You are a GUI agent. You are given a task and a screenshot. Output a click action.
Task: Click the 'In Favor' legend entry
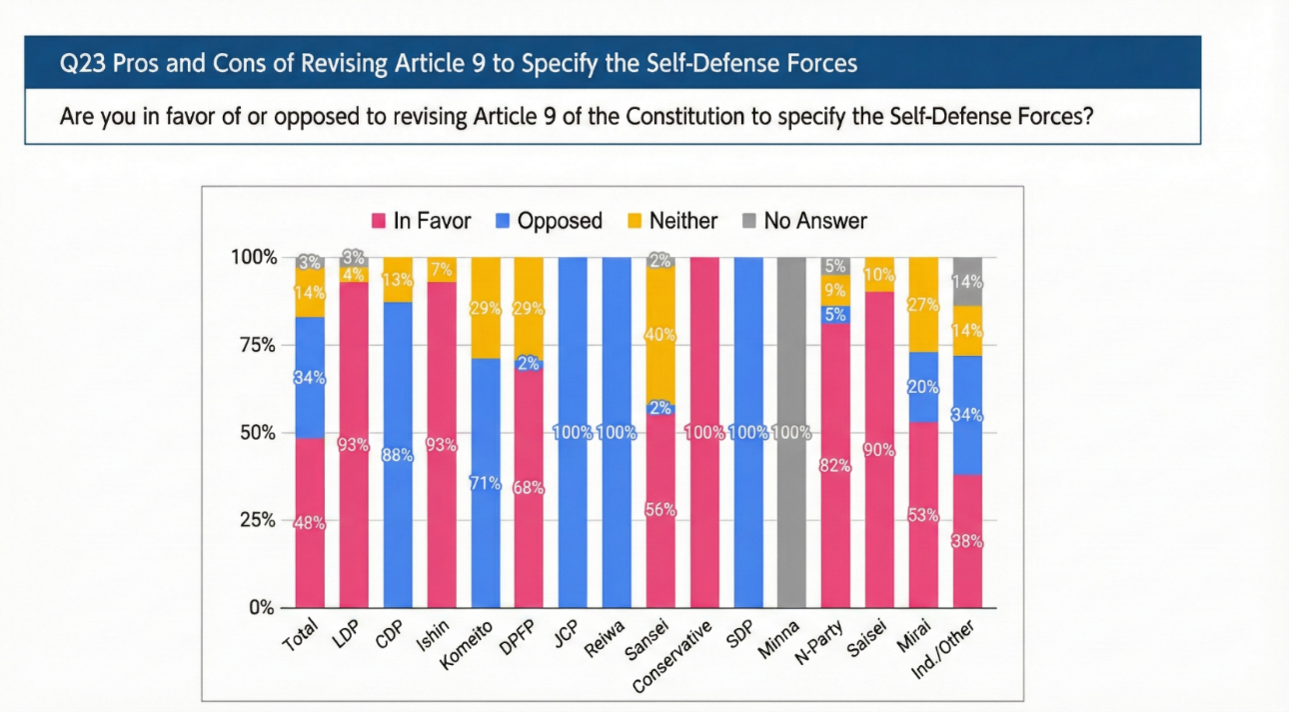coord(420,221)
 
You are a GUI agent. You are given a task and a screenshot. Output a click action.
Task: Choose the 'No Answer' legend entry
coord(803,221)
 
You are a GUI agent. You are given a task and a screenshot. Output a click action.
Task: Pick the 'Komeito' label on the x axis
coord(476,643)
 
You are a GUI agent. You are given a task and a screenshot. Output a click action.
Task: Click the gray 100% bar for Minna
coord(789,500)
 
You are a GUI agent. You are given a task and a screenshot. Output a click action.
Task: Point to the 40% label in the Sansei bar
coord(660,336)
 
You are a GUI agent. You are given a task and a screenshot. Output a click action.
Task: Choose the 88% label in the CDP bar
coord(398,455)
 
